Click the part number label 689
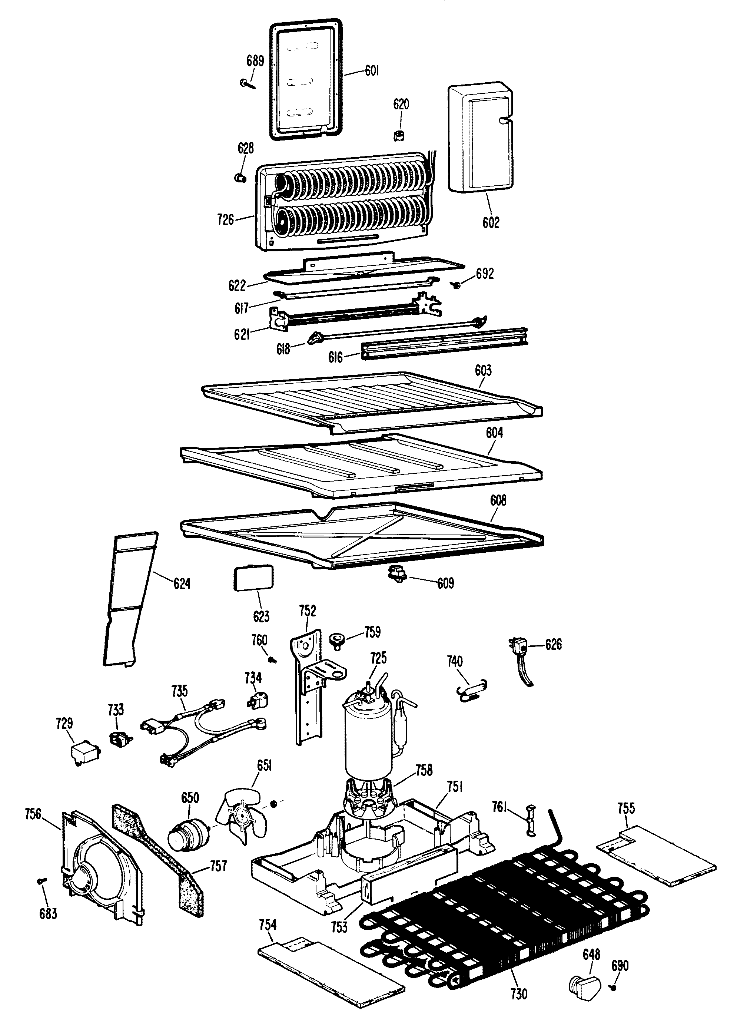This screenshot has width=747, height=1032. [x=255, y=61]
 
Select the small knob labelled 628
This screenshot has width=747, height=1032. [x=240, y=178]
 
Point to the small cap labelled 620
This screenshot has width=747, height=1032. [x=399, y=135]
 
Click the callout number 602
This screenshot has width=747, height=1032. [x=491, y=222]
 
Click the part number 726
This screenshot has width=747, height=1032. [x=226, y=220]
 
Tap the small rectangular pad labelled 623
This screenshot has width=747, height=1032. [x=253, y=578]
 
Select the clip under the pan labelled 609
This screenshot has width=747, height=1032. [x=397, y=574]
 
